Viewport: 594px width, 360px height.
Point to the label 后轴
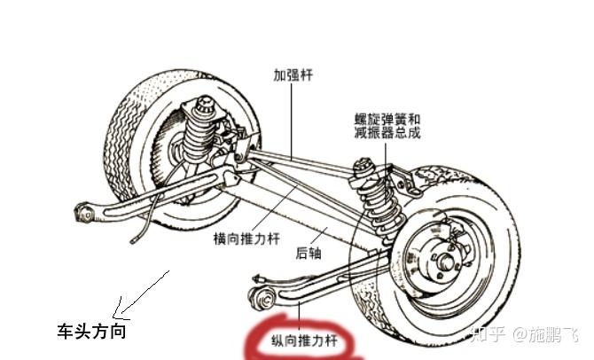click(307, 253)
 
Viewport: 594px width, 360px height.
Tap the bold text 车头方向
click(90, 332)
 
